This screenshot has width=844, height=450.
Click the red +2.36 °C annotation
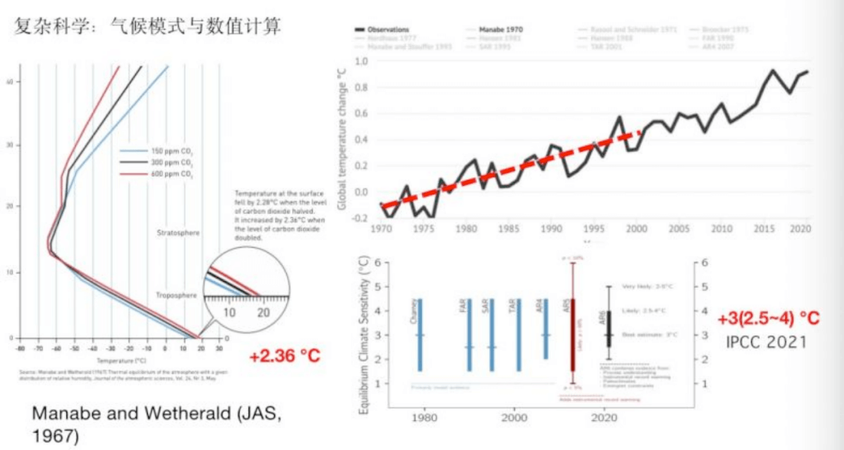click(x=285, y=356)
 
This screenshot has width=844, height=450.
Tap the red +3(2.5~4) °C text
click(x=769, y=319)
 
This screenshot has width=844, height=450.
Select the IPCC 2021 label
click(x=765, y=341)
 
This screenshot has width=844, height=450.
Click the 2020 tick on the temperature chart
click(x=799, y=230)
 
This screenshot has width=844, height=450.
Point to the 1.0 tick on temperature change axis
click(x=362, y=61)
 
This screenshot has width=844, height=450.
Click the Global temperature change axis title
click(x=342, y=139)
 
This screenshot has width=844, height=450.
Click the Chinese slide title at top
click(x=148, y=27)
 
